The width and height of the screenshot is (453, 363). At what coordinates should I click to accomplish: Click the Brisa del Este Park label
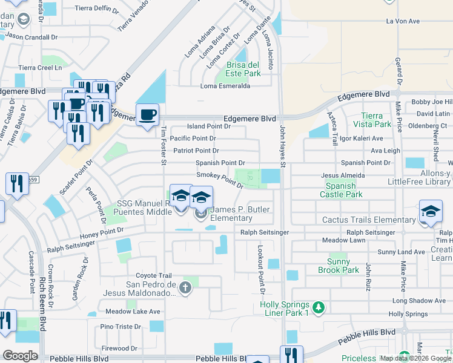(x=243, y=69)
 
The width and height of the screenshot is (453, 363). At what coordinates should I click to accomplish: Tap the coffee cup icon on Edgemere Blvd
(x=147, y=115)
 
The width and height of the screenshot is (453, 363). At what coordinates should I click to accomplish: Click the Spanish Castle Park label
(x=344, y=190)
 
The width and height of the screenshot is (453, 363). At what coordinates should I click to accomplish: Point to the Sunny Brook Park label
(x=339, y=266)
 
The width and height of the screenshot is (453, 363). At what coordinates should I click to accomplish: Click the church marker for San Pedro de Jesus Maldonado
(x=186, y=289)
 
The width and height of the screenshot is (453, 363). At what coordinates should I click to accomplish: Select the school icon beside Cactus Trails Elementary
(x=431, y=211)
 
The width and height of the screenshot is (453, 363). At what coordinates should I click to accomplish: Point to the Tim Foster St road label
(x=164, y=144)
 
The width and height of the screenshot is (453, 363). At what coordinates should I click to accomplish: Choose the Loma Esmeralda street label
(x=225, y=86)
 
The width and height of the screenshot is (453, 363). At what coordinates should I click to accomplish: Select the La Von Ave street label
(x=403, y=21)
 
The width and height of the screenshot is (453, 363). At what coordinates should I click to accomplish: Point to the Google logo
(x=20, y=355)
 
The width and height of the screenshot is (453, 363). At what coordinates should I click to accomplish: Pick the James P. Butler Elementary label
(x=240, y=214)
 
